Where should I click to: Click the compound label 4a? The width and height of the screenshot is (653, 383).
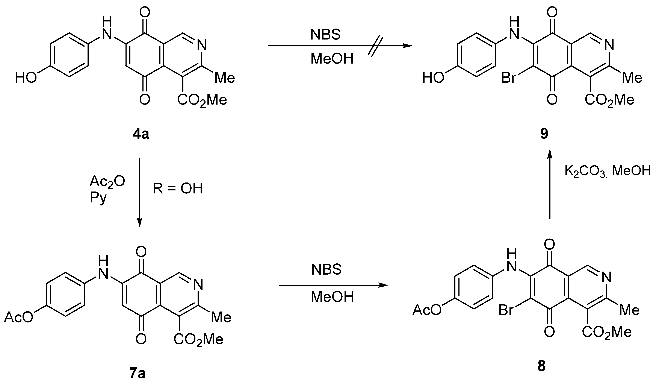[x=141, y=135]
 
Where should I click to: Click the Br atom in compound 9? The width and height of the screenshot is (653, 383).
[x=508, y=78]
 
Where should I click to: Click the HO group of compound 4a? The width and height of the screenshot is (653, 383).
[x=26, y=78]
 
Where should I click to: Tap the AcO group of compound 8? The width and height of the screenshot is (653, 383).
[x=427, y=310]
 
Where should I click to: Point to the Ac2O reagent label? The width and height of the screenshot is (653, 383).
[x=107, y=181]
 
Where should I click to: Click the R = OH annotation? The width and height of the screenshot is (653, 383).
[x=177, y=188]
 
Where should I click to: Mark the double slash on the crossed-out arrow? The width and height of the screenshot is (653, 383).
[x=375, y=46]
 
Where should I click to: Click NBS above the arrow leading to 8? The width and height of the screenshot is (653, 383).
[x=326, y=269]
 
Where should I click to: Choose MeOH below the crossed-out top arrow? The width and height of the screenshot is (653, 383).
[x=332, y=59]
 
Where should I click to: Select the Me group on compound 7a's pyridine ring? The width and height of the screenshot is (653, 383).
[x=221, y=317]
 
